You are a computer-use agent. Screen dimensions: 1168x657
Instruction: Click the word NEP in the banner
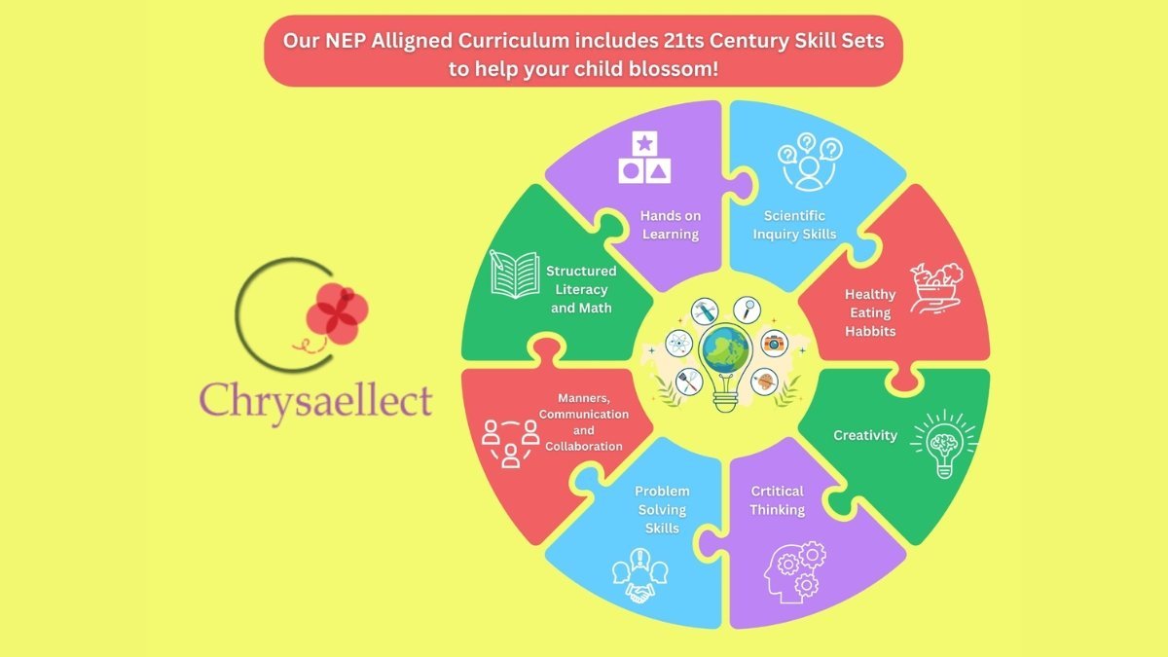pyautogui.click(x=345, y=41)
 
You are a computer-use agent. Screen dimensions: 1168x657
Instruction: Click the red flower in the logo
pyautogui.click(x=337, y=313)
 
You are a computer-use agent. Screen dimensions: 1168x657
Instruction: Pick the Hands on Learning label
pyautogui.click(x=671, y=225)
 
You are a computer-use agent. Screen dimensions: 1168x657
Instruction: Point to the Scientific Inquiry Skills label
pyautogui.click(x=794, y=225)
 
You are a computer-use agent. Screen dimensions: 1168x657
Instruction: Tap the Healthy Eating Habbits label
pyautogui.click(x=870, y=312)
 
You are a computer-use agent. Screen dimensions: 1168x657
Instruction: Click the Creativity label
pyautogui.click(x=865, y=435)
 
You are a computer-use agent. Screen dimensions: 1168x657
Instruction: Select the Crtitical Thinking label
pyautogui.click(x=778, y=500)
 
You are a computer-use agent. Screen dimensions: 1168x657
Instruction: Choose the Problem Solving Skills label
pyautogui.click(x=662, y=509)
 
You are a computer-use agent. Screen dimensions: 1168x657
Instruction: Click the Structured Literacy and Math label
pyautogui.click(x=581, y=289)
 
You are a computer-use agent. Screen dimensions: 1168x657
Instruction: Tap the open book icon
pyautogui.click(x=514, y=274)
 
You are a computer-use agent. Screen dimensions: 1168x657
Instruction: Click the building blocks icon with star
pyautogui.click(x=644, y=157)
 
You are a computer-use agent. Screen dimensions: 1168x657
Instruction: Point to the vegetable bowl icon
pyautogui.click(x=936, y=288)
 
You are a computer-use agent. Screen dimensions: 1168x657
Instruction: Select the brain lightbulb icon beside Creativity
pyautogui.click(x=944, y=444)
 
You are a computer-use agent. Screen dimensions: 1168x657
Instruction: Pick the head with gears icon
pyautogui.click(x=794, y=572)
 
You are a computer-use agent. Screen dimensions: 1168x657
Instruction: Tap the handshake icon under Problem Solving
pyautogui.click(x=640, y=575)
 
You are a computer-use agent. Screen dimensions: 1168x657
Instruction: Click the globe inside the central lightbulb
pyautogui.click(x=725, y=348)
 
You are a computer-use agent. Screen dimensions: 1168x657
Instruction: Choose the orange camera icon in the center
pyautogui.click(x=775, y=343)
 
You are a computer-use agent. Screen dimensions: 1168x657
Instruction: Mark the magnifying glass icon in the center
pyautogui.click(x=748, y=310)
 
